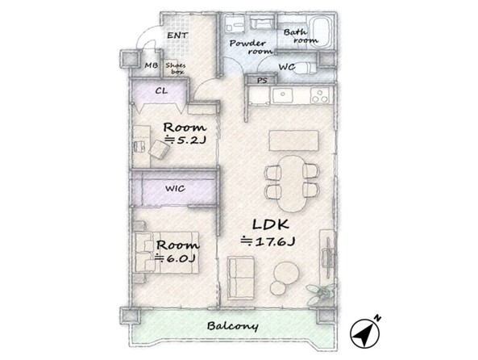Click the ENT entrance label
tap(177, 36)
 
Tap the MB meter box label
tap(152, 65)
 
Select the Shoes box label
tap(176, 69)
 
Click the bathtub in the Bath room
tap(320, 32)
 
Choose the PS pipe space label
tap(262, 81)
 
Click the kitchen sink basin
tap(283, 95)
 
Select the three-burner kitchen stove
tap(320, 95)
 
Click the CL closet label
tap(161, 91)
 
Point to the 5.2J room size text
tap(185, 140)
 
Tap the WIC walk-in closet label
tap(175, 188)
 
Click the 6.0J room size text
tap(175, 258)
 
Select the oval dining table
tap(293, 183)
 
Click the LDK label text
tap(271, 224)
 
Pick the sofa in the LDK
tap(241, 278)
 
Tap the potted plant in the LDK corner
tap(322, 293)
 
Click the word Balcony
tap(233, 326)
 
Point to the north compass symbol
tap(365, 333)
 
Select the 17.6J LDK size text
tap(268, 241)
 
